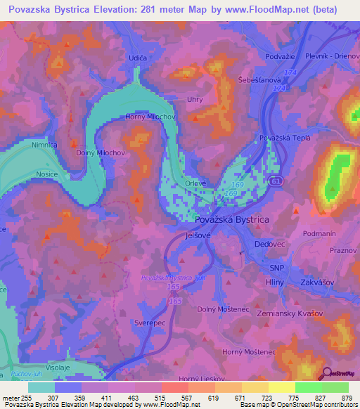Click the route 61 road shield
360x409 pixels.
[x=278, y=181]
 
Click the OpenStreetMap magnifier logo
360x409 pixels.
[x=326, y=373]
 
